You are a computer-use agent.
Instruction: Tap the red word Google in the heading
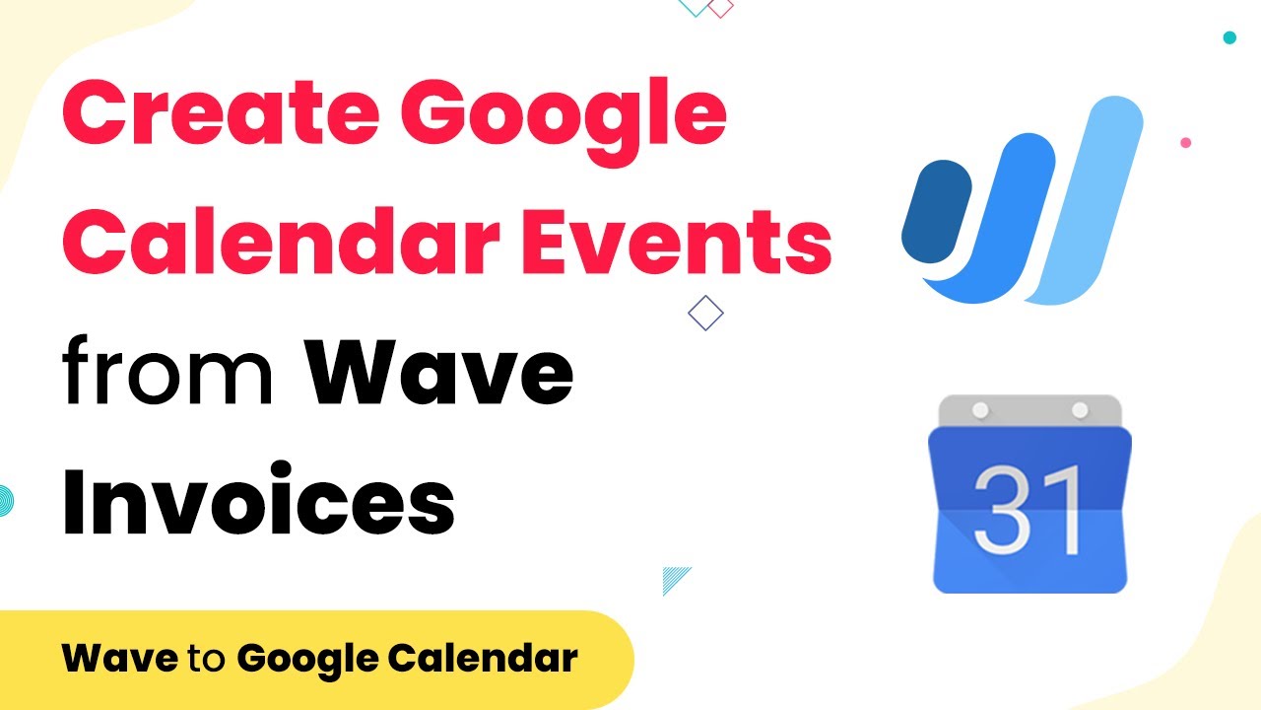click(564, 121)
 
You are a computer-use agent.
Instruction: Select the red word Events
click(677, 241)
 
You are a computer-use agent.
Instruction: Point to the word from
click(167, 370)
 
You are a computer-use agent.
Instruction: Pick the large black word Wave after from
click(438, 372)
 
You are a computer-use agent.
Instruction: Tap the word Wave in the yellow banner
click(120, 657)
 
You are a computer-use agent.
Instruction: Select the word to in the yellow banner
click(207, 658)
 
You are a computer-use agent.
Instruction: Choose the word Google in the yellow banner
click(307, 661)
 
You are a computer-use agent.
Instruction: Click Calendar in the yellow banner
click(483, 657)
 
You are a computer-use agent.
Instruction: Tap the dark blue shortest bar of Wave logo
click(937, 211)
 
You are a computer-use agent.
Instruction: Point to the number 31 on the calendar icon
click(1029, 510)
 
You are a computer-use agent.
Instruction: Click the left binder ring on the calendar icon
click(980, 409)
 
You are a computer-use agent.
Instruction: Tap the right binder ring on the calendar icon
click(1080, 409)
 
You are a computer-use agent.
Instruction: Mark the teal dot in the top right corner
click(1229, 37)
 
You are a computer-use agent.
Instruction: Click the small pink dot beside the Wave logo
click(1185, 143)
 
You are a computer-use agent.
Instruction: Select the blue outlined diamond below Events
click(705, 313)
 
